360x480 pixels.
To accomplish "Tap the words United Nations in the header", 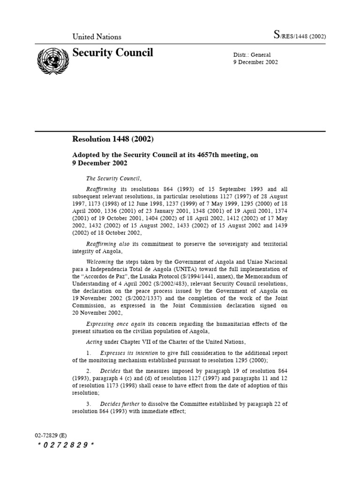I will (97, 37).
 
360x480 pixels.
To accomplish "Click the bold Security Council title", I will (112, 53).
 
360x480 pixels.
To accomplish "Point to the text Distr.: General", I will (252, 55).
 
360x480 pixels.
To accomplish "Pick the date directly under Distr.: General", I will (255, 62).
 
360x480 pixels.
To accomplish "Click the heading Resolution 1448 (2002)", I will (112, 139).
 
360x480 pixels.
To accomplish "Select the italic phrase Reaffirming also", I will (105, 244).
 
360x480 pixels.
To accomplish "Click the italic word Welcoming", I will (100, 262).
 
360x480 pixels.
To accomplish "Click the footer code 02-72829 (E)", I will (51, 435).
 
